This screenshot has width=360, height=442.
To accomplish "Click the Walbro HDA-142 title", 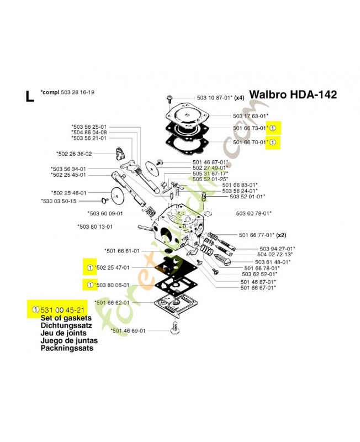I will point(293,94).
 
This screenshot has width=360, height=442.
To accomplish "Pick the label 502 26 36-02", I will point(74,154).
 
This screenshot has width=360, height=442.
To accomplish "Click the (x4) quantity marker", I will point(239,98).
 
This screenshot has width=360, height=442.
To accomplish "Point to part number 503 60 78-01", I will point(254,213).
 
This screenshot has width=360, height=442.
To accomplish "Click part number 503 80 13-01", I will point(95,226).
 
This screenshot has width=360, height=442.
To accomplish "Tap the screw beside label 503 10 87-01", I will point(167,99).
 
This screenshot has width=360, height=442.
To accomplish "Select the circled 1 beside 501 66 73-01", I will point(274,128).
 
